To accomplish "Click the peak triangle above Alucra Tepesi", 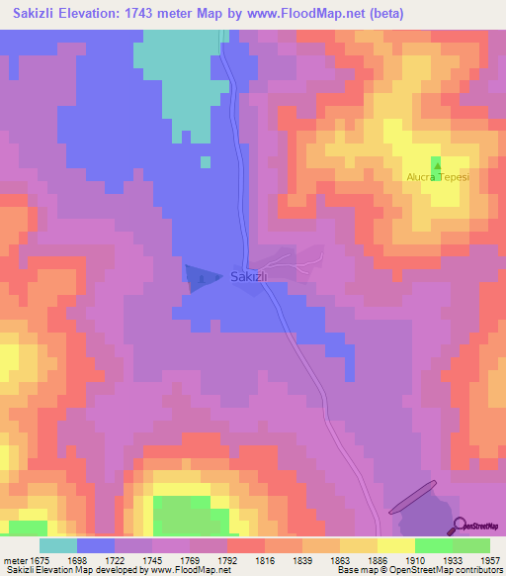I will (x=436, y=162).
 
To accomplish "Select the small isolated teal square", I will (x=205, y=161).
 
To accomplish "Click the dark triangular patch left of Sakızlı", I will (x=201, y=278).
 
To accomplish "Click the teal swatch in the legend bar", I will (x=58, y=545).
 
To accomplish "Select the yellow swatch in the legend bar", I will (x=395, y=545).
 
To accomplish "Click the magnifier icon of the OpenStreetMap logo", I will (x=461, y=526).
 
